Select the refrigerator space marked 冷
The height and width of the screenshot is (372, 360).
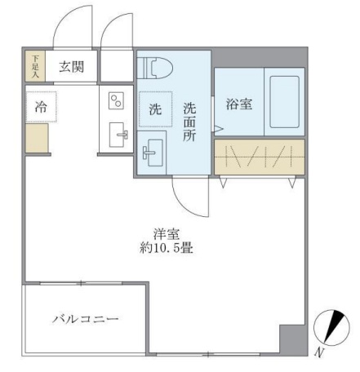(x=38, y=106)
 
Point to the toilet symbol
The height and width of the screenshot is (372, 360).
(x=153, y=68)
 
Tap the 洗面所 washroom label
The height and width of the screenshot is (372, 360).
(x=189, y=121)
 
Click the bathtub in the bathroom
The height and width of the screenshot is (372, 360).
(x=285, y=104)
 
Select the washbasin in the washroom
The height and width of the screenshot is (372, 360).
(x=153, y=152)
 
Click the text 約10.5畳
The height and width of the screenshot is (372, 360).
(x=166, y=246)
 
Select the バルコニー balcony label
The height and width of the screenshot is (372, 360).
(x=87, y=319)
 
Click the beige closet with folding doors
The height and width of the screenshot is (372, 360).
(x=260, y=157)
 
